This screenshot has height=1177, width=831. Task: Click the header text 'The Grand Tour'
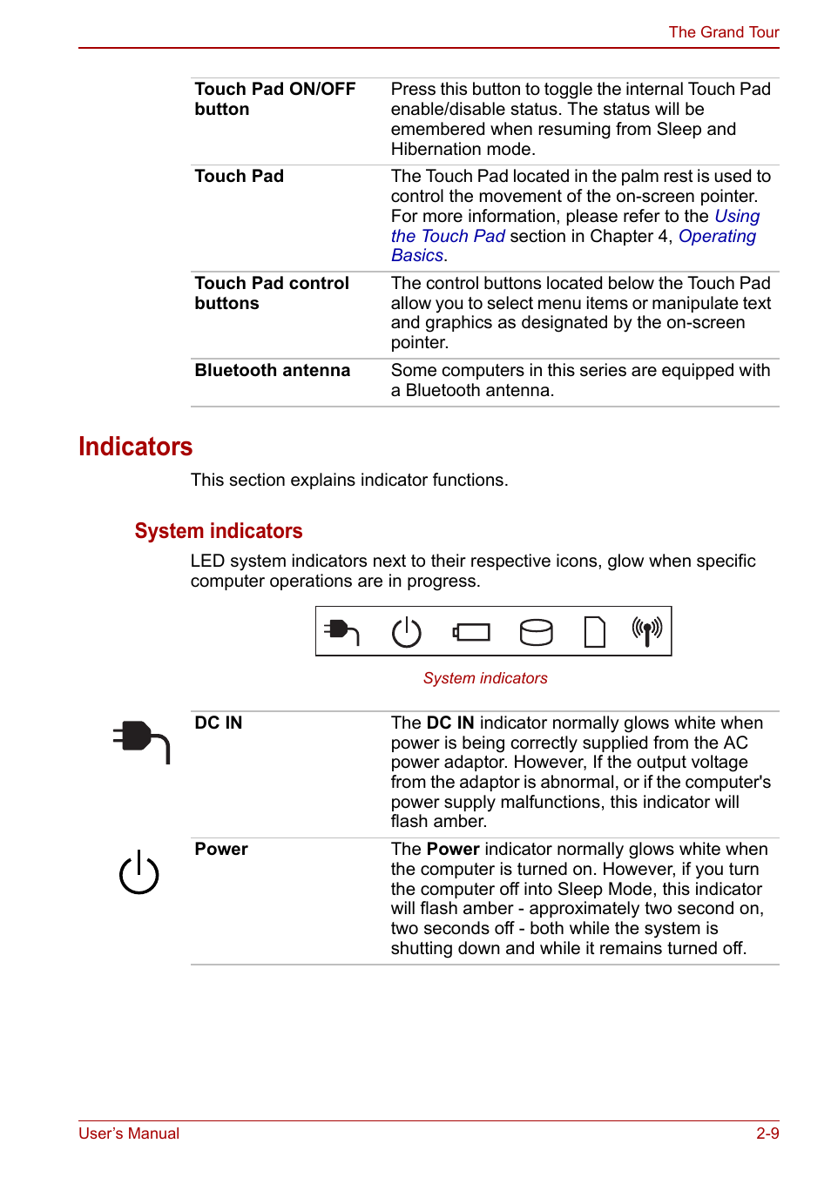[723, 32]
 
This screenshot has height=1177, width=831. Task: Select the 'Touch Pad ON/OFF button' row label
[274, 99]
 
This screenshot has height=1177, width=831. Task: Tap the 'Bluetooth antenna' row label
[272, 371]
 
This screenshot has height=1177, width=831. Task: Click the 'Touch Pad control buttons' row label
[271, 293]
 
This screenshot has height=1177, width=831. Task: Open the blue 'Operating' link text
[717, 237]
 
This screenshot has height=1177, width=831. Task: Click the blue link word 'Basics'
[417, 256]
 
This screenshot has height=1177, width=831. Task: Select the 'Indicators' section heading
[135, 447]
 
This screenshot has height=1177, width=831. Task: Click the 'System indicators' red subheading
[219, 531]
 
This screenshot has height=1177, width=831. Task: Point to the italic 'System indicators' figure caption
[485, 678]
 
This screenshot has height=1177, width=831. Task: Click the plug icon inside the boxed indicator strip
[341, 631]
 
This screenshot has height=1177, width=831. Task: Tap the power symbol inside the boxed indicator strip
[406, 632]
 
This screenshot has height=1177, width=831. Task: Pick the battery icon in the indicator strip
[471, 632]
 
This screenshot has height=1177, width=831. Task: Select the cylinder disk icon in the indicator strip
[536, 632]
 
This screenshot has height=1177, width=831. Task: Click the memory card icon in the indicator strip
[594, 632]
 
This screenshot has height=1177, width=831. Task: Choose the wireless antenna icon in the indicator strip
[646, 631]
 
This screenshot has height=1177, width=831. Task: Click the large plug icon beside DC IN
[141, 741]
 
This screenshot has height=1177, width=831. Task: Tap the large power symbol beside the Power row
[139, 872]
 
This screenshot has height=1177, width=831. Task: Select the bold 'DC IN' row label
[219, 723]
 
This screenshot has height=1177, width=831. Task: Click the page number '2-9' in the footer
[767, 1133]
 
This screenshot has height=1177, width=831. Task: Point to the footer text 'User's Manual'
[129, 1133]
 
